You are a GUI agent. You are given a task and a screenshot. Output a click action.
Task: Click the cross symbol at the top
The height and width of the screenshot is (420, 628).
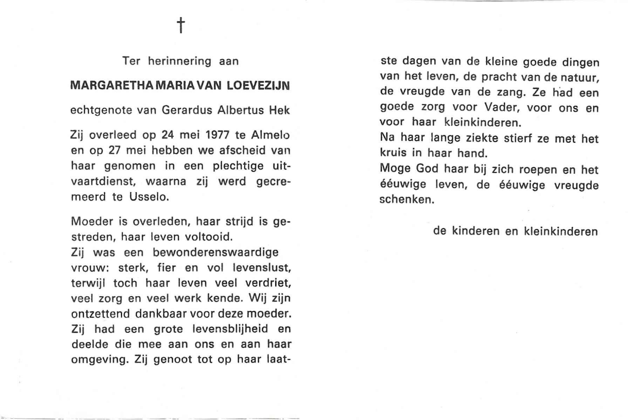tap(181, 25)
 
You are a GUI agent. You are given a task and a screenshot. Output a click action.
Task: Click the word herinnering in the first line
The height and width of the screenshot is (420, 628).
tap(179, 61)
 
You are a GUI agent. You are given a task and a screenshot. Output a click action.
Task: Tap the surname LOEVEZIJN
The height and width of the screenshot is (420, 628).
tap(258, 85)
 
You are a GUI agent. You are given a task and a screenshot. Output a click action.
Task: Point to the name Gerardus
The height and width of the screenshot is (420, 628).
tap(187, 110)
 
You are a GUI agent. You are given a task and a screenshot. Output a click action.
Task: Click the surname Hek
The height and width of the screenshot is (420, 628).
tap(279, 110)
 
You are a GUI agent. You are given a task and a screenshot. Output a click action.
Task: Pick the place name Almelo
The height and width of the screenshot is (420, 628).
tap(270, 135)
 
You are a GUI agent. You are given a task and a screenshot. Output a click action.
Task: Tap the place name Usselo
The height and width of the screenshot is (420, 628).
tap(149, 197)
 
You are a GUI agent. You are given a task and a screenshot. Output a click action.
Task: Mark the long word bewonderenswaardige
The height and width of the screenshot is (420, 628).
tap(216, 252)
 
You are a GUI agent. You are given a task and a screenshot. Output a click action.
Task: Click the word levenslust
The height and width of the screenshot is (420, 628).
tap(261, 268)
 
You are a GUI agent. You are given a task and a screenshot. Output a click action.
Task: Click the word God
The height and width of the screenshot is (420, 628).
tap(427, 169)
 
